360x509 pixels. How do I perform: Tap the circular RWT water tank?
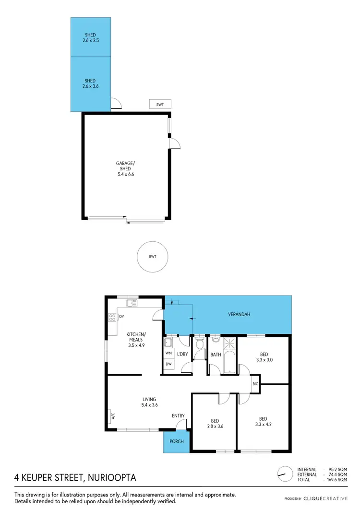point(153,257)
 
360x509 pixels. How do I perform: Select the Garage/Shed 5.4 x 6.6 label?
point(125,169)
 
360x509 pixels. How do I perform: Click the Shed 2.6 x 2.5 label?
point(90,37)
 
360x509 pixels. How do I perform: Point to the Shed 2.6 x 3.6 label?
point(90,83)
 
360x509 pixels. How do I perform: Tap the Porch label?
point(177,441)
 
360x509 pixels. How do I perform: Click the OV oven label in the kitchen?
point(121,317)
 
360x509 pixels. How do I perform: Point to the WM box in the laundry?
point(168,354)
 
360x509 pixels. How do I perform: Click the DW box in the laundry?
point(168,364)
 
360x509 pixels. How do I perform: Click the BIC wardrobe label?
point(255,384)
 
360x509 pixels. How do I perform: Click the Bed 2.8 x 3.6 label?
point(214,423)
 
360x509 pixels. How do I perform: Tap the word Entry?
point(178,416)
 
